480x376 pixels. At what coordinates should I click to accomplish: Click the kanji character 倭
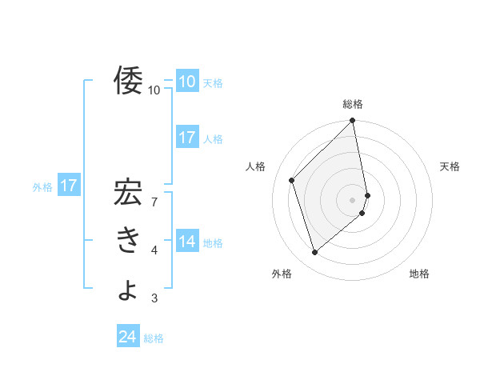pyautogui.click(x=128, y=81)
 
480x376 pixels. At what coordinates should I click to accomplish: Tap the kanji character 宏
pyautogui.click(x=128, y=194)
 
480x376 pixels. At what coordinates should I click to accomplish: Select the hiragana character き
pyautogui.click(x=128, y=241)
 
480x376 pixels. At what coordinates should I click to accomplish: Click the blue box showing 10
pyautogui.click(x=187, y=82)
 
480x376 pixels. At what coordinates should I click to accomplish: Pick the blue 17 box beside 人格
pyautogui.click(x=187, y=138)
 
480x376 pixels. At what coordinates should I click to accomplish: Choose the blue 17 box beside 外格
pyautogui.click(x=69, y=186)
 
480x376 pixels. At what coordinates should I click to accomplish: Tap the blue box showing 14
pyautogui.click(x=187, y=242)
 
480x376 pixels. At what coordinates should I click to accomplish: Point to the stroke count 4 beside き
pyautogui.click(x=154, y=251)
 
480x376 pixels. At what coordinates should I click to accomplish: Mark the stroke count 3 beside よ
pyautogui.click(x=154, y=299)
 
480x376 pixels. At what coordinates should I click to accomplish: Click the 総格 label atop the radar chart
pyautogui.click(x=353, y=104)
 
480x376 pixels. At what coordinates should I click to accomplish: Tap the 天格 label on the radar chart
pyautogui.click(x=450, y=166)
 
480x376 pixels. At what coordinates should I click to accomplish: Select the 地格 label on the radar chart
pyautogui.click(x=419, y=274)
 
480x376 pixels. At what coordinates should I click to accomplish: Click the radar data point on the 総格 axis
pyautogui.click(x=353, y=121)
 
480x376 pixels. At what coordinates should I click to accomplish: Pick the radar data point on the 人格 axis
pyautogui.click(x=292, y=180)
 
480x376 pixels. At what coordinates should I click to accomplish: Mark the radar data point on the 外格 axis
pyautogui.click(x=315, y=253)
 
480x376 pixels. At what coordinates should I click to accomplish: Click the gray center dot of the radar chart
pyautogui.click(x=353, y=199)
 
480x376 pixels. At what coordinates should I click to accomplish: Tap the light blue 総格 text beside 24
pyautogui.click(x=154, y=338)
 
